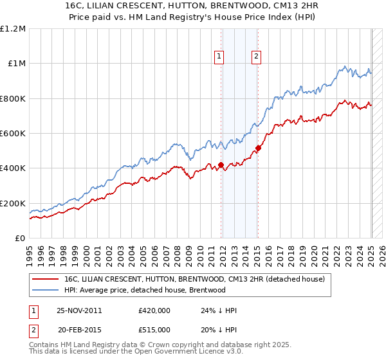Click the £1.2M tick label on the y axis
13,28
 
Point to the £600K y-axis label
13,134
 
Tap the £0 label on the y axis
20,239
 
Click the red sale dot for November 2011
221,165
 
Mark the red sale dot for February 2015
258,148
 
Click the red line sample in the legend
46,279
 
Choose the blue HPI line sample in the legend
46,290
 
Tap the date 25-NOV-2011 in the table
79,310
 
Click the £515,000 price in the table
154,329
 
